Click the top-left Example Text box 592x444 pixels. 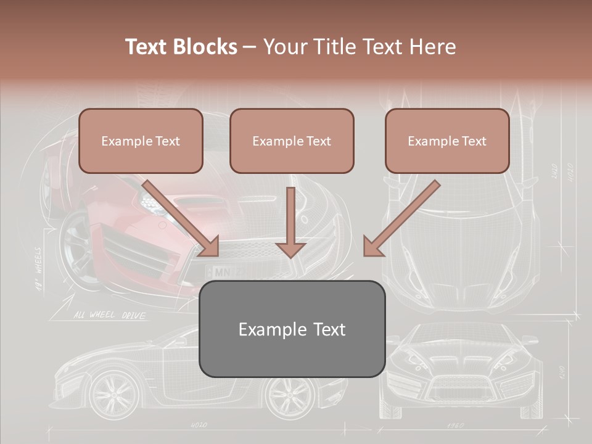point(141,141)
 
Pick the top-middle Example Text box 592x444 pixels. point(292,141)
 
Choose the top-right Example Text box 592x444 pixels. point(447,141)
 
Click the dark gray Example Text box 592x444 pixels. point(292,329)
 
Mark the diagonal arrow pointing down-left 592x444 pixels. point(401,218)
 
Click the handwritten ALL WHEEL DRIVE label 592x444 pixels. point(110,316)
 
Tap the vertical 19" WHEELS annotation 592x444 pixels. point(38,268)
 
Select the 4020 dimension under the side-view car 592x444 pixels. point(199,425)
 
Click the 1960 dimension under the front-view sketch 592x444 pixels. point(454,425)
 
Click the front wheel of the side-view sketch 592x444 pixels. point(113,392)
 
